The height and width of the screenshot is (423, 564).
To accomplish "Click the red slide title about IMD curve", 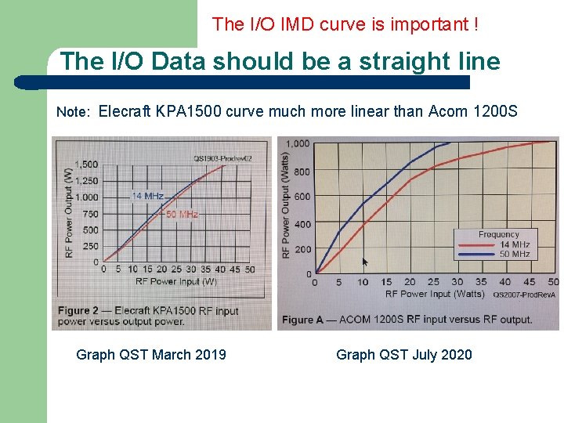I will [x=345, y=24].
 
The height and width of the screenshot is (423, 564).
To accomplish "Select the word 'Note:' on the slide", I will [x=74, y=112].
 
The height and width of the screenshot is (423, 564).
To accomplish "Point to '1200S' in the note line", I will [x=496, y=111].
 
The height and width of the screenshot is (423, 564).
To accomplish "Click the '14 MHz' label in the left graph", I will [x=147, y=196].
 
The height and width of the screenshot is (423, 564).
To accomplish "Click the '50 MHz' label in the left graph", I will [x=182, y=214].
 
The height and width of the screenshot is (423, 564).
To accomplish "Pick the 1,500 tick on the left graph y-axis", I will [x=86, y=164].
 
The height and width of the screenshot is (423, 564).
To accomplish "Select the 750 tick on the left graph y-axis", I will [x=90, y=214].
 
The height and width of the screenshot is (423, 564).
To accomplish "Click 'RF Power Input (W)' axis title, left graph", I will [x=176, y=280].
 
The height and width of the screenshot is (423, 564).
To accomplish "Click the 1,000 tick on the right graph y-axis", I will [x=297, y=143].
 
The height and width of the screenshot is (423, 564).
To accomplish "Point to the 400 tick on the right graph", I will [x=302, y=224].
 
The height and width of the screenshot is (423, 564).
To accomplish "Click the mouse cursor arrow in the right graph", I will [x=364, y=262].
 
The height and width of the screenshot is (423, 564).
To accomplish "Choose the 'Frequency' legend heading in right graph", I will [x=499, y=234].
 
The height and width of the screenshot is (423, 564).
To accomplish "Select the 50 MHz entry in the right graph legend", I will [x=515, y=254].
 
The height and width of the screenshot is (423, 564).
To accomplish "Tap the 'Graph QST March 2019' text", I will [x=151, y=355].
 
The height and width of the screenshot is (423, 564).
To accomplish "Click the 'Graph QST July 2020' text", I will [x=404, y=355].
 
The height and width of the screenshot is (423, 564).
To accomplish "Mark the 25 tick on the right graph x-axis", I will [x=433, y=282].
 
